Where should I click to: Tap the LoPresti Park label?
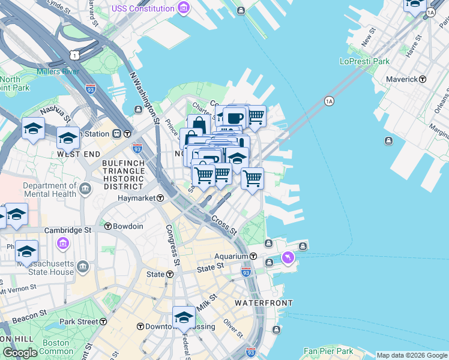pos(365,61)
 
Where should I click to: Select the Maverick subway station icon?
pos(423,79)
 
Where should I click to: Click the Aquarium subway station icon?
pos(253,256)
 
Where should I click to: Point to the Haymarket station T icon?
pos(161,198)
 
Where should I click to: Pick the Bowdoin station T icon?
pos(109,226)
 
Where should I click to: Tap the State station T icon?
pos(170,274)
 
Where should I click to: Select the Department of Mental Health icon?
pos(85,190)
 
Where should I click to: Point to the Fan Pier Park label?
pos(328,351)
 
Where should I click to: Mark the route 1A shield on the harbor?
pos(329,101)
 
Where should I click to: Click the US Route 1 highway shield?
pos(74,55)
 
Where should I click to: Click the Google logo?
pos(20,353)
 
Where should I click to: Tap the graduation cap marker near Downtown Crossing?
pos(184,317)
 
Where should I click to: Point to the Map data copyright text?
pos(411,355)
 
